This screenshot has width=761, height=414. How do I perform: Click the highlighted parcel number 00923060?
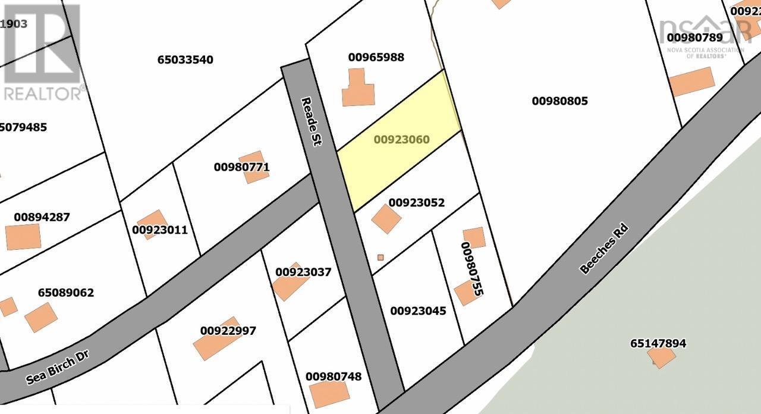tap(401, 140)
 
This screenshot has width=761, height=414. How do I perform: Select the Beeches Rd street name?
tap(604, 249)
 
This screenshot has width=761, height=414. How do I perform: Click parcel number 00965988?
tap(376, 57)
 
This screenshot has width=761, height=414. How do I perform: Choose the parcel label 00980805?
tap(559, 101)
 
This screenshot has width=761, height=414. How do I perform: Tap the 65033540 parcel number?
tap(185, 59)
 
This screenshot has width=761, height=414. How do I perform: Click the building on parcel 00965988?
tap(358, 89)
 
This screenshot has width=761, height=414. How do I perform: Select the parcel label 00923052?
tap(417, 202)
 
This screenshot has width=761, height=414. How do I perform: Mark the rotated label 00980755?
tap(472, 269)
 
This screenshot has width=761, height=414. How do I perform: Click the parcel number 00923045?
tap(418, 310)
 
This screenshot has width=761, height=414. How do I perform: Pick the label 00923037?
tap(303, 272)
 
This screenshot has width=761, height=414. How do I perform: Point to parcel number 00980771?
tap(241, 167)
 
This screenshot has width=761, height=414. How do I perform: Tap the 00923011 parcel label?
tap(159, 230)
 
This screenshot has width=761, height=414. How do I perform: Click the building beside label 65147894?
tap(661, 357)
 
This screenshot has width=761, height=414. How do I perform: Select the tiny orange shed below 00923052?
tap(380, 258)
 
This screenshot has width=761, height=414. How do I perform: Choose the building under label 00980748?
tap(329, 394)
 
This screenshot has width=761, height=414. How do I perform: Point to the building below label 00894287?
tap(23, 237)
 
